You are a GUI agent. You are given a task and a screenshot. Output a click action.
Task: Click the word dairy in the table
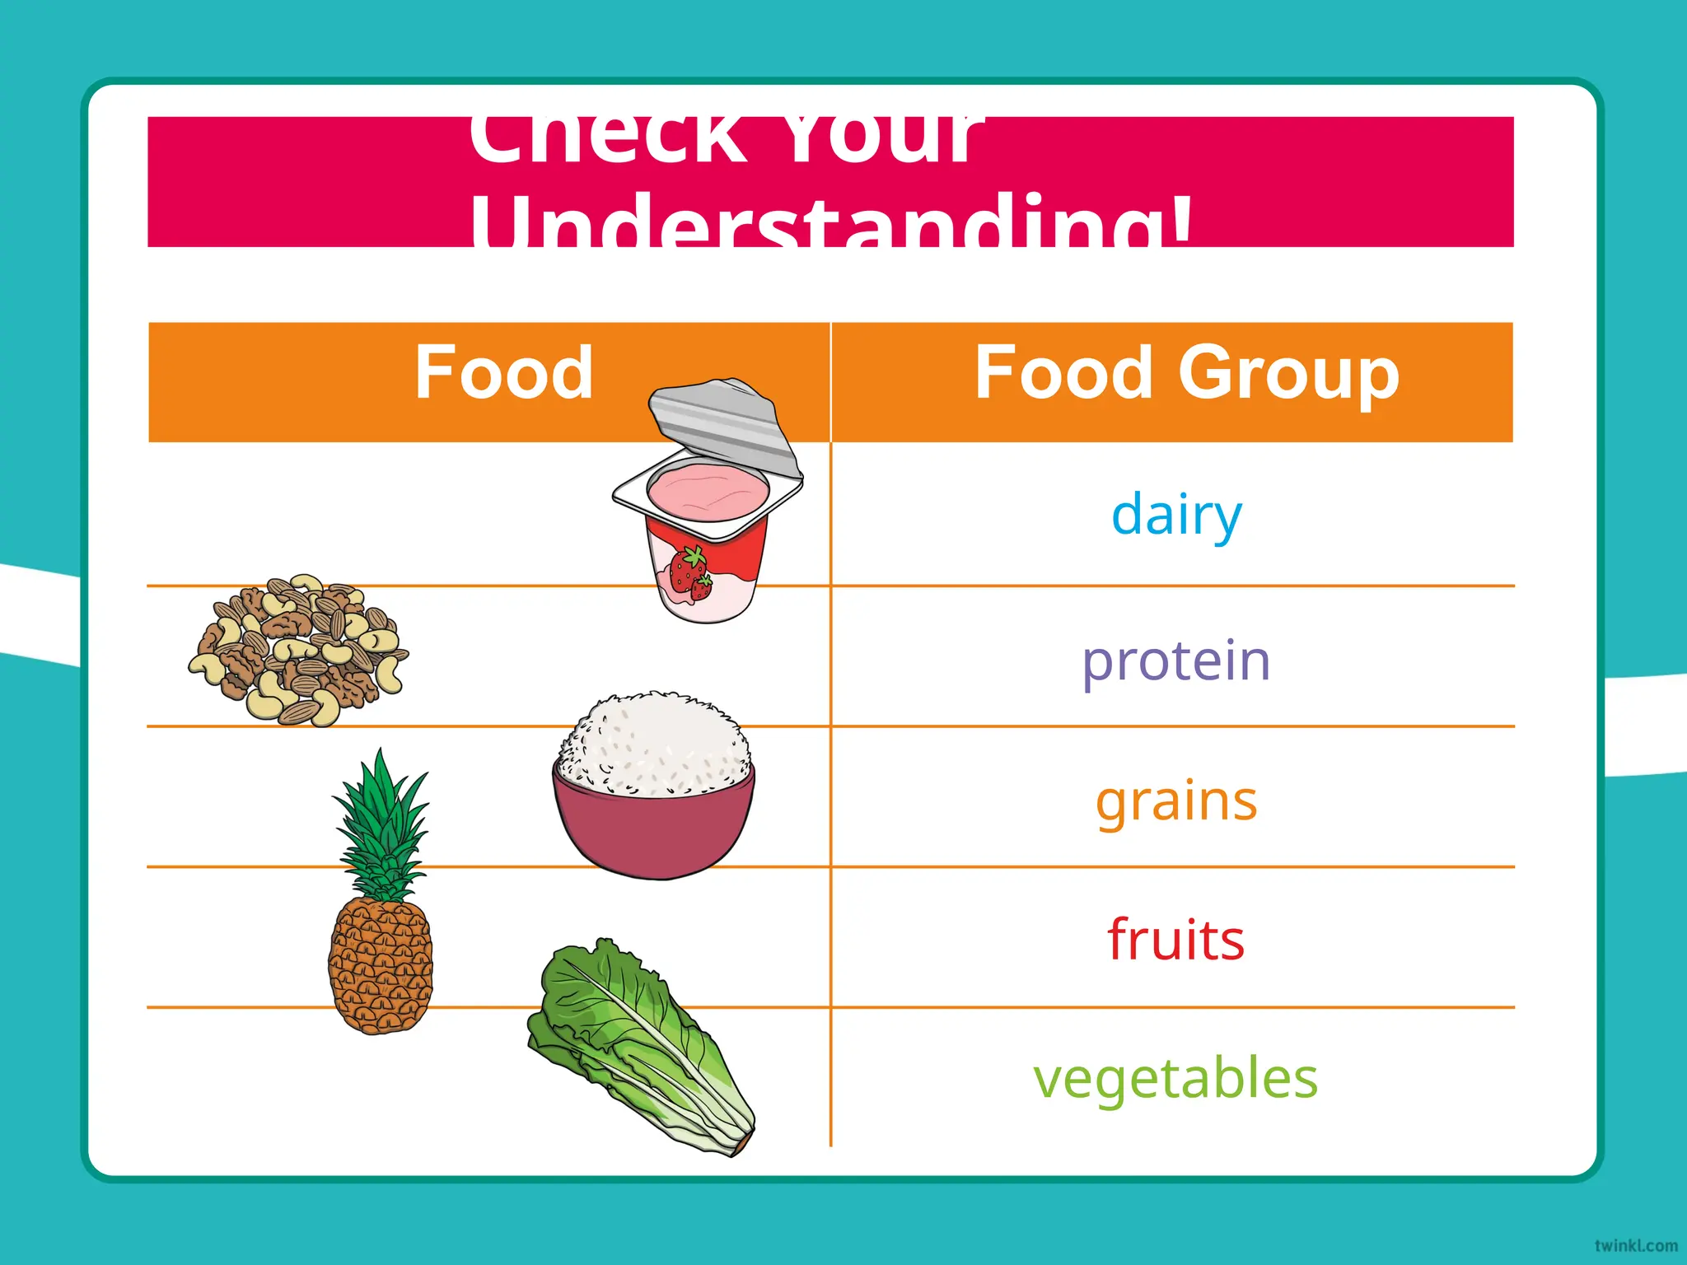tap(1175, 514)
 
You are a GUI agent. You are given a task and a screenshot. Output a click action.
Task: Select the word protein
tap(1175, 661)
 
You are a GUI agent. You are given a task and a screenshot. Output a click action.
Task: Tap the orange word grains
tap(1175, 801)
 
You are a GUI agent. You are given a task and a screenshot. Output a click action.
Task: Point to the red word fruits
tap(1175, 940)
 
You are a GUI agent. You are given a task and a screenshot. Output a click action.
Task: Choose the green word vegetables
tap(1175, 1079)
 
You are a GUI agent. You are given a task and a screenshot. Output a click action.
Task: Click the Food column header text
tap(503, 373)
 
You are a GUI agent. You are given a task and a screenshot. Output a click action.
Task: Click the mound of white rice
tap(655, 745)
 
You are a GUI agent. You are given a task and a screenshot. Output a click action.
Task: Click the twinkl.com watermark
tap(1635, 1245)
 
